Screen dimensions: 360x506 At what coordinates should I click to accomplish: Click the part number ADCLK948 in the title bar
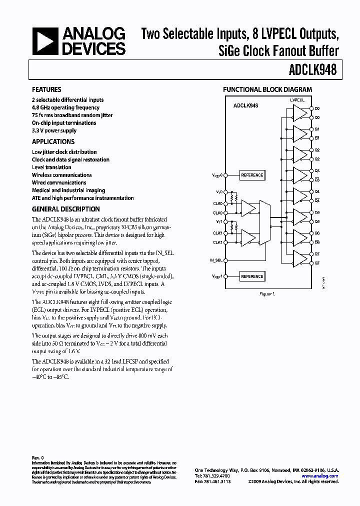[313, 71]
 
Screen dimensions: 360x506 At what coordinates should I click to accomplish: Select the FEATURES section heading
[46, 89]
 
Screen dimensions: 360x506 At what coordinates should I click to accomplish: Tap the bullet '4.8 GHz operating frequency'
[65, 107]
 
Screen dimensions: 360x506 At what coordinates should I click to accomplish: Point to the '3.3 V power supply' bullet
[54, 130]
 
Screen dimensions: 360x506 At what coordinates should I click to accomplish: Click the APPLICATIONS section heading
[53, 141]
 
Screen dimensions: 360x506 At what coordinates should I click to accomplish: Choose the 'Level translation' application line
[51, 167]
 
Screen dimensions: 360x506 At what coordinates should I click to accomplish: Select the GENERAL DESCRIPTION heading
[65, 209]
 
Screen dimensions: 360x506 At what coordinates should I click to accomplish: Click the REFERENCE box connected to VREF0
[252, 175]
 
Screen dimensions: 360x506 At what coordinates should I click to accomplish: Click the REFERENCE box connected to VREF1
[252, 276]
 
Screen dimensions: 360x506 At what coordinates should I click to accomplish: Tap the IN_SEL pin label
[216, 260]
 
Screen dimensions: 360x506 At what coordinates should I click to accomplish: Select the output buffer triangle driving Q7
[299, 258]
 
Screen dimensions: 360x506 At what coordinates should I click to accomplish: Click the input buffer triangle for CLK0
[248, 207]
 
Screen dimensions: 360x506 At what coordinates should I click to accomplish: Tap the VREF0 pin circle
[225, 175]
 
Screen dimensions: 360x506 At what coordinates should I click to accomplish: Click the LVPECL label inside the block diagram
[297, 100]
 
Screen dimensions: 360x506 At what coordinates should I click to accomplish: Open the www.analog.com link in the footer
[319, 476]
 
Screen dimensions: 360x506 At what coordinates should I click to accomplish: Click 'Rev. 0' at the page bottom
[38, 457]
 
